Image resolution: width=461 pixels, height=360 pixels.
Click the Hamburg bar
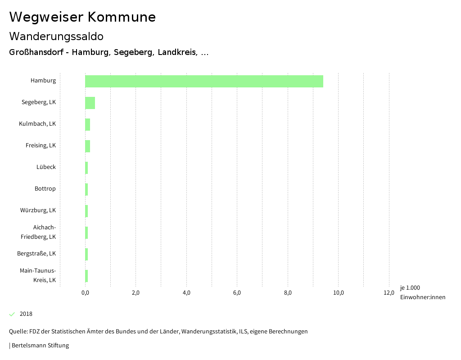tap(204, 81)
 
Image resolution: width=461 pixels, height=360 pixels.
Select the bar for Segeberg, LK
tap(90, 103)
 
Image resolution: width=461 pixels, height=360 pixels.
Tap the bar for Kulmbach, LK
tap(88, 124)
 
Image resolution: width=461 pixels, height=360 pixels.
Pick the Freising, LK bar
tap(88, 146)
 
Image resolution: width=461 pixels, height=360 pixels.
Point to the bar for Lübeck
tap(86, 168)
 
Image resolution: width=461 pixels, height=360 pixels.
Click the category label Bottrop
tap(45, 188)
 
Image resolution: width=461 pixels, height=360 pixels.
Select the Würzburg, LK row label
tap(38, 210)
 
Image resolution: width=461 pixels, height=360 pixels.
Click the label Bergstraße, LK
tap(36, 253)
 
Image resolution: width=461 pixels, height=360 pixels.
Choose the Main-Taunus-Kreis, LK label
tap(38, 275)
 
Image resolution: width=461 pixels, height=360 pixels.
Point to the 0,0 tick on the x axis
tap(85, 292)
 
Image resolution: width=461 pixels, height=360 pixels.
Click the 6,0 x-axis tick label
tap(237, 292)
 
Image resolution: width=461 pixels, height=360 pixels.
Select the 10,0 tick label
tap(338, 292)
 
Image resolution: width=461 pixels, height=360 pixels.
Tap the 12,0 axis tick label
tap(389, 292)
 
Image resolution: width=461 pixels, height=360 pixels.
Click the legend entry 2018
tap(26, 314)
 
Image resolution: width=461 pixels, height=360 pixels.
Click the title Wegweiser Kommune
tap(82, 17)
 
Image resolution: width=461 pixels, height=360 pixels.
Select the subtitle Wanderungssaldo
tap(56, 36)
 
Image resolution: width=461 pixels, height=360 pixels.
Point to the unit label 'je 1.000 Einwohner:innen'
tap(422, 292)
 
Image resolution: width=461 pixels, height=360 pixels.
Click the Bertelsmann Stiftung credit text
tap(40, 345)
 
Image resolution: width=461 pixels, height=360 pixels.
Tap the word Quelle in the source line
tap(18, 331)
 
